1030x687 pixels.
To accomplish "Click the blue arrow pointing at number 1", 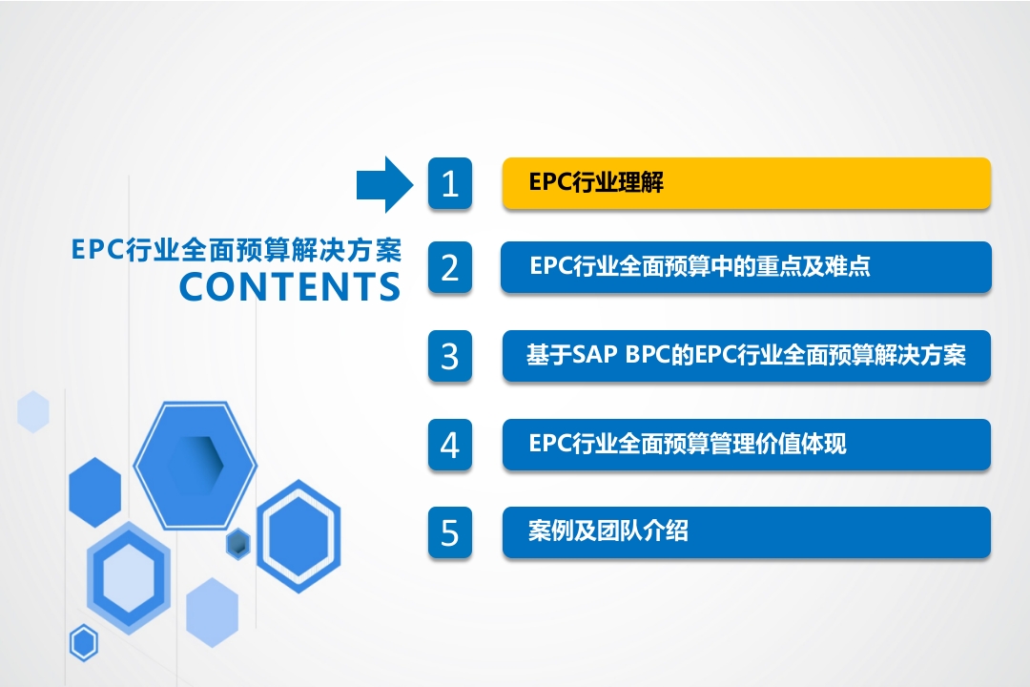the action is tap(385, 185).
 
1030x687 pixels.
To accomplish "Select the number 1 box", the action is tap(450, 183).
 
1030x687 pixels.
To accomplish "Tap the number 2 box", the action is tap(450, 267).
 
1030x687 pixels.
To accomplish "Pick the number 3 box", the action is tap(450, 356).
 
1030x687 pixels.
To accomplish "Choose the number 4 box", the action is tap(450, 445).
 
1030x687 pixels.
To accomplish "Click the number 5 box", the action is tap(450, 532).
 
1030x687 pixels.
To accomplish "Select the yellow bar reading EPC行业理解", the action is tap(746, 183).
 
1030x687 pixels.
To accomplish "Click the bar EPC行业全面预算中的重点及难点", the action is tap(746, 267).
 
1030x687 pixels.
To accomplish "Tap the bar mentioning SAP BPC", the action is tap(746, 356).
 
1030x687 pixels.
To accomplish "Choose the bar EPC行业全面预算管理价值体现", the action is tap(746, 445).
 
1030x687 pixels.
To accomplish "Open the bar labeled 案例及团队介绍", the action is tap(746, 532).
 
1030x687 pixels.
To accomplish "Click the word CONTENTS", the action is tap(290, 286).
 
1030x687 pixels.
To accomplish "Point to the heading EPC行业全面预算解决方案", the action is tap(237, 250).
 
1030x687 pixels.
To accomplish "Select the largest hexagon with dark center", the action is tap(196, 465).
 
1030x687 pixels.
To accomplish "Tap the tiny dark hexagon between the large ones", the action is tap(237, 544).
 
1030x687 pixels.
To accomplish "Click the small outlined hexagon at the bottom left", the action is tap(84, 643).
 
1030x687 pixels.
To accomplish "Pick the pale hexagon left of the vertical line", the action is tap(32, 411).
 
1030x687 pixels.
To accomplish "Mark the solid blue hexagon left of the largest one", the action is tap(95, 492).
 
